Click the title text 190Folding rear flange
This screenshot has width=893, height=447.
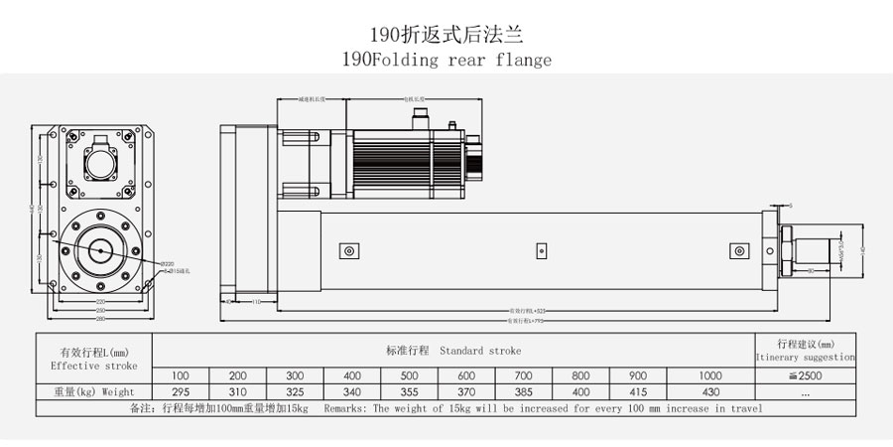[x=446, y=59]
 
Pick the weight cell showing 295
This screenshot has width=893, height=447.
[x=181, y=391]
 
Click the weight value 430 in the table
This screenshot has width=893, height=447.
[x=710, y=391]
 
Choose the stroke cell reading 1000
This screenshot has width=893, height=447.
[x=710, y=374]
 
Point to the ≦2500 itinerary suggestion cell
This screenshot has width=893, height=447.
[x=804, y=374]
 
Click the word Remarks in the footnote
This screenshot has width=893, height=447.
[x=349, y=408]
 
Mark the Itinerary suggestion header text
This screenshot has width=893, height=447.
[x=804, y=356]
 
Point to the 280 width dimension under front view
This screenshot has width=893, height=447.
[x=100, y=318]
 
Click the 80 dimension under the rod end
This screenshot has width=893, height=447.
[x=812, y=269]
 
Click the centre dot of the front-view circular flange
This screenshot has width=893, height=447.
[x=100, y=250]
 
